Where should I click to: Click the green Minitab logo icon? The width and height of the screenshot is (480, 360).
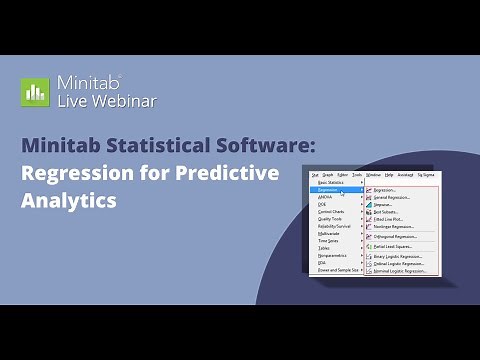[x=35, y=92]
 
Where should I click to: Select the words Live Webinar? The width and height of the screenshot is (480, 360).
[x=106, y=101]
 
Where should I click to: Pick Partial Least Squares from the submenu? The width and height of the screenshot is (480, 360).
[x=392, y=245]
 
